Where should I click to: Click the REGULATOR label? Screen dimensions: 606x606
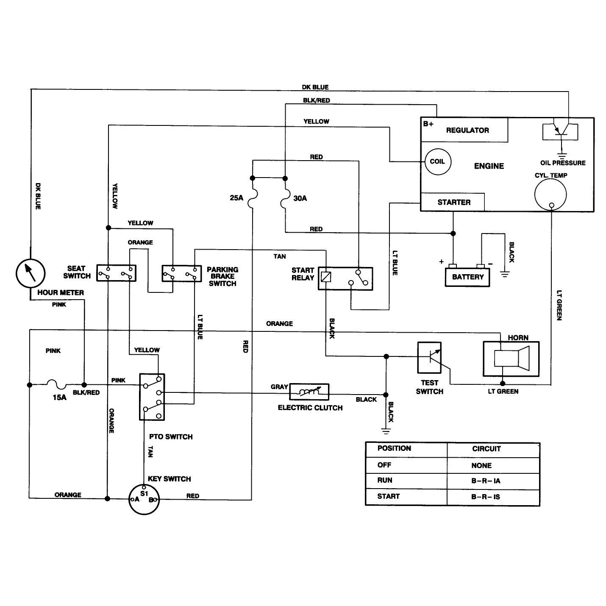click(467, 130)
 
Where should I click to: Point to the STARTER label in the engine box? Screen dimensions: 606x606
click(454, 202)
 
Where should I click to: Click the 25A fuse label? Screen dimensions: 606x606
click(236, 198)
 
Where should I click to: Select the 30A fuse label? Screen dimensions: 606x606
click(300, 198)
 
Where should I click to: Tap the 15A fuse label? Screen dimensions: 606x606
click(59, 397)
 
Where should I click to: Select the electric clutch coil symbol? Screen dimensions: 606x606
click(309, 392)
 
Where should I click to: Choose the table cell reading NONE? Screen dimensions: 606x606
click(481, 465)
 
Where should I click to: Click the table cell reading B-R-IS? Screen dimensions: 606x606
click(486, 497)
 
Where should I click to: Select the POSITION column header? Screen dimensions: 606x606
click(394, 448)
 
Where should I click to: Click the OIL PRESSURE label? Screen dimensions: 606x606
click(563, 163)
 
